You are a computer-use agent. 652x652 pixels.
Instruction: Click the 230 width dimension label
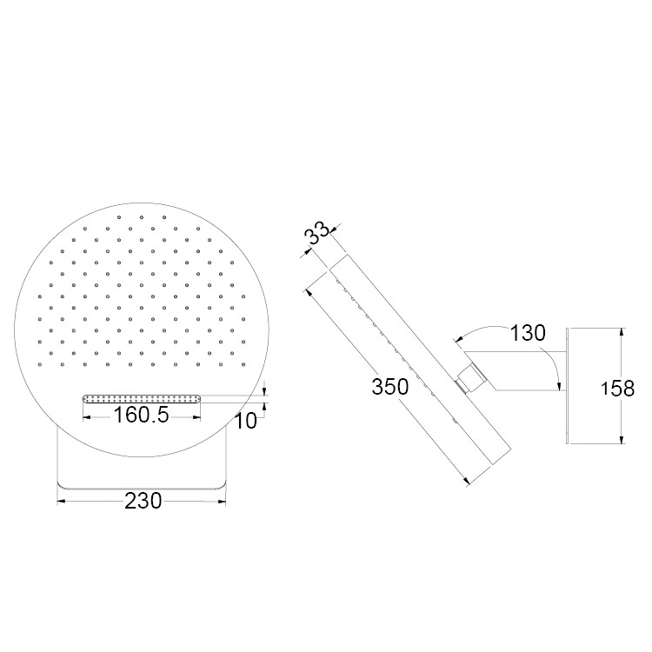143,501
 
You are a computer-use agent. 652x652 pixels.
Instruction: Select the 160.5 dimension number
141,415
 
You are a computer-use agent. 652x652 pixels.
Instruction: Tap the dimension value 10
246,422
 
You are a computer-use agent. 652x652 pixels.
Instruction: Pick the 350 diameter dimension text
390,387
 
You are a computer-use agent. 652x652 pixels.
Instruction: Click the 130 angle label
528,333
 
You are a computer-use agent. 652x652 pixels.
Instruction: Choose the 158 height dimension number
617,389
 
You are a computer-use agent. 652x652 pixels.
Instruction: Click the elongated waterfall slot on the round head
142,399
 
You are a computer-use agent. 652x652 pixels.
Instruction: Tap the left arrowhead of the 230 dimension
61,502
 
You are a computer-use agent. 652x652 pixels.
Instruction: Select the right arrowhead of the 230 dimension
222,502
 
